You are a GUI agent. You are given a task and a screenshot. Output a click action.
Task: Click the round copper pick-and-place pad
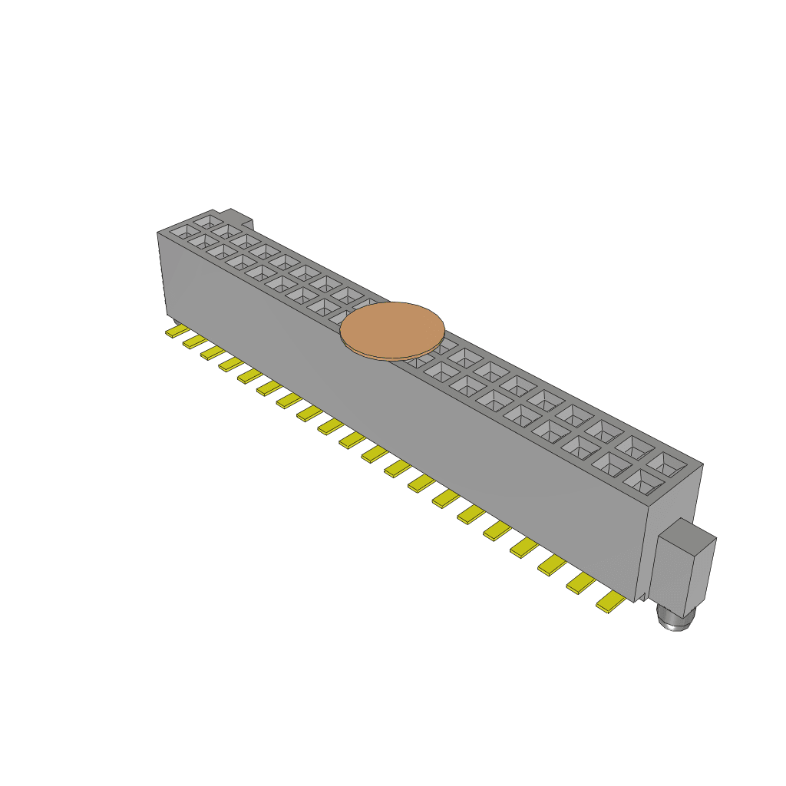click(x=392, y=329)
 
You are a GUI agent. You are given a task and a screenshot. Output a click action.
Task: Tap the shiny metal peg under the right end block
click(x=674, y=618)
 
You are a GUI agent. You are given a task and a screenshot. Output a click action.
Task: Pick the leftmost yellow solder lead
click(x=177, y=332)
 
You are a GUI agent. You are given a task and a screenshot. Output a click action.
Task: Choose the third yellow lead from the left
click(x=213, y=352)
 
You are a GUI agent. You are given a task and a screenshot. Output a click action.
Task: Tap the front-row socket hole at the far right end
click(x=642, y=481)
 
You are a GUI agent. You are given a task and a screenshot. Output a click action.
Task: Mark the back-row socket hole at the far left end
click(x=206, y=220)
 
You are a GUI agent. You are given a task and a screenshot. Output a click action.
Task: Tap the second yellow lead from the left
click(x=194, y=341)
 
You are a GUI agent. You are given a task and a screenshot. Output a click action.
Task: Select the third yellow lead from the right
click(x=552, y=565)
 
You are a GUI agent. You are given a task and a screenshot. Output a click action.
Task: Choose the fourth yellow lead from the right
click(x=524, y=547)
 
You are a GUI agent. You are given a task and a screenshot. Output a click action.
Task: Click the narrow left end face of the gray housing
click(x=162, y=276)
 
